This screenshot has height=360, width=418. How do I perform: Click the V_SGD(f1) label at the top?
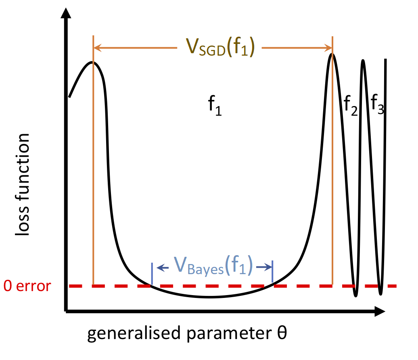click(x=220, y=48)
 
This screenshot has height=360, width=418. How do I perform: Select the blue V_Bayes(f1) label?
click(x=213, y=266)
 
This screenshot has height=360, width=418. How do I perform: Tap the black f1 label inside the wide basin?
click(x=215, y=106)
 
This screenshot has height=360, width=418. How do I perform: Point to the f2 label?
click(x=351, y=106)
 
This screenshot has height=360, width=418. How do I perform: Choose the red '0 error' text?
click(x=27, y=286)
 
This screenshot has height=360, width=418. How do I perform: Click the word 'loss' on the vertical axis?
click(x=22, y=221)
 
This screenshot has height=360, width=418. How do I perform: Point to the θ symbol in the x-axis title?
click(x=282, y=333)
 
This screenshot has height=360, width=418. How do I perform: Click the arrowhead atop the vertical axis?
click(x=66, y=13)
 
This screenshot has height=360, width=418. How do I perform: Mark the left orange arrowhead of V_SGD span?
click(x=98, y=48)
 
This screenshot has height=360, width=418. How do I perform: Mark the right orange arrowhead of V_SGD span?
click(x=328, y=48)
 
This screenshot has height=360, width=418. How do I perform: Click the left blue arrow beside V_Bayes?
click(x=163, y=267)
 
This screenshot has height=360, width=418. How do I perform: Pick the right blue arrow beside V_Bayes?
click(x=264, y=267)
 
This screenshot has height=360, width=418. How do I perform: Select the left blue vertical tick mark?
click(x=152, y=274)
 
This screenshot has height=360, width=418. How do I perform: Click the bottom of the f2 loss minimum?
click(x=355, y=296)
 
